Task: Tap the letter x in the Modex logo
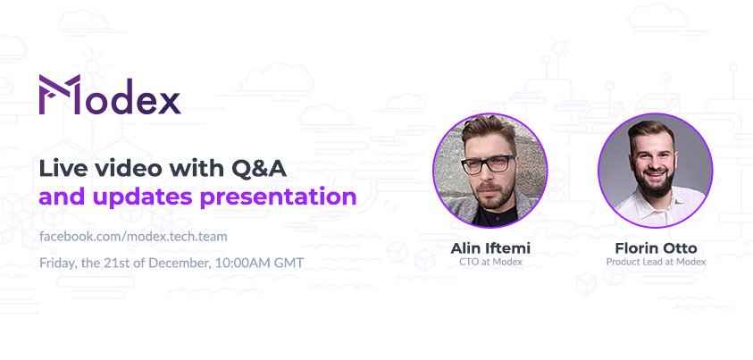167,99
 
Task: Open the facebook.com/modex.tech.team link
133,237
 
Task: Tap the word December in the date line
178,263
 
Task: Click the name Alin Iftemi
490,247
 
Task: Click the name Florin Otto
656,247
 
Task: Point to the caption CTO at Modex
490,262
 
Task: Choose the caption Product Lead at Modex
656,262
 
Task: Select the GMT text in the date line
288,263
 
